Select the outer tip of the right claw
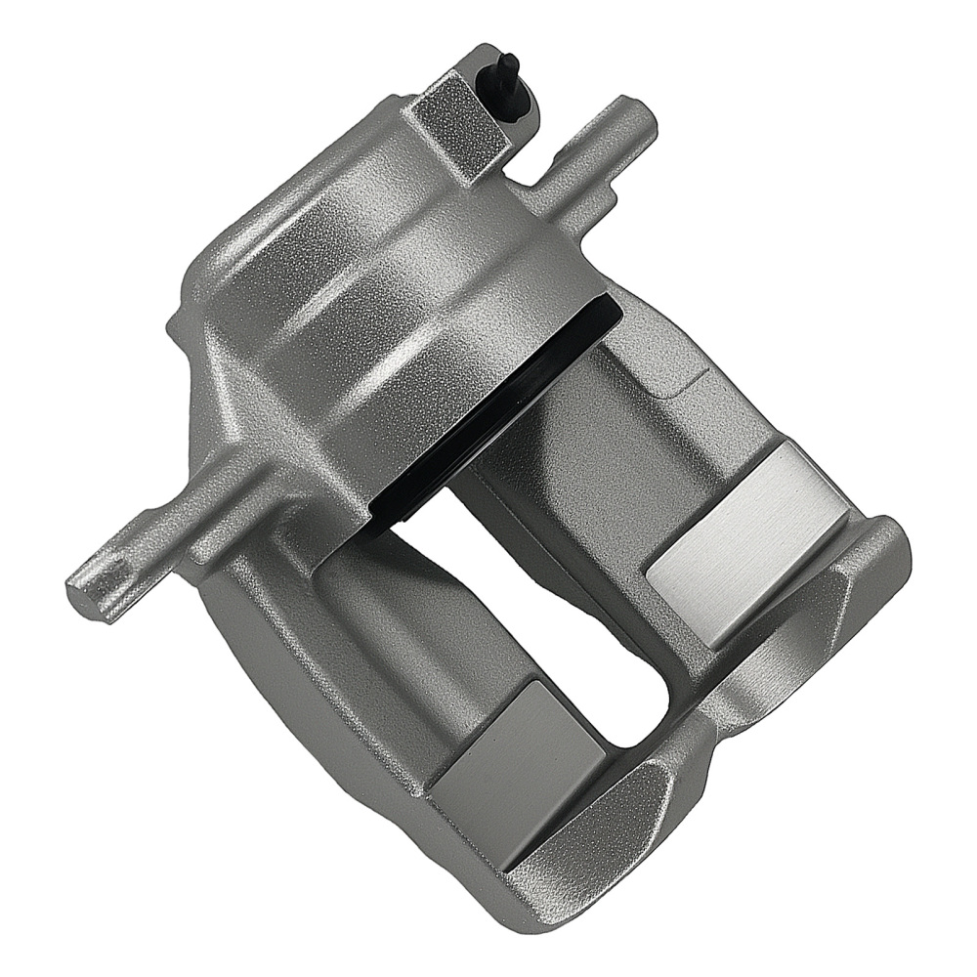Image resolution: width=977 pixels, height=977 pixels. click(x=879, y=547)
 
